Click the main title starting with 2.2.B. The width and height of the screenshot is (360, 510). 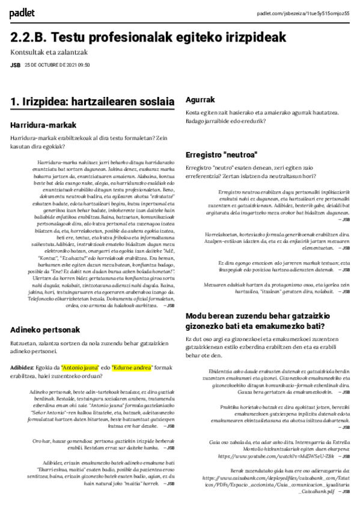click(x=148, y=38)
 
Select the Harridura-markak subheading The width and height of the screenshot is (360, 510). click(x=43, y=125)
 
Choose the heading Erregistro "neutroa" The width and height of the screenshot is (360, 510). click(x=221, y=153)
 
